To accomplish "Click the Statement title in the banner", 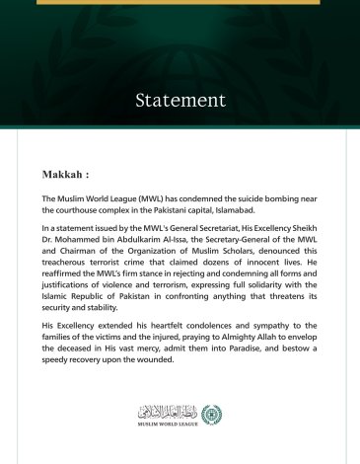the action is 180,100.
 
